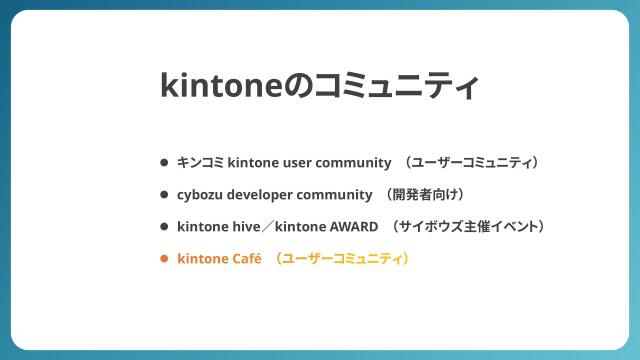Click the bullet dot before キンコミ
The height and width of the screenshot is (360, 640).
(x=164, y=162)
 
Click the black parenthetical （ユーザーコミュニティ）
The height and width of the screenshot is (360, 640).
(x=473, y=162)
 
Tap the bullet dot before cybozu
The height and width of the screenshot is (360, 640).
(x=164, y=194)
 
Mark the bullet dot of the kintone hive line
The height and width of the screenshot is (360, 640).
(x=164, y=226)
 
